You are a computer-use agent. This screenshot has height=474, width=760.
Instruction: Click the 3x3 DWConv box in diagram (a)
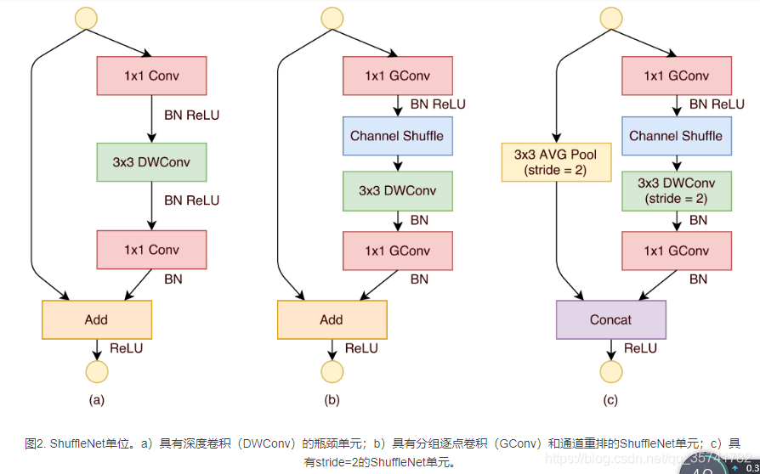click(152, 161)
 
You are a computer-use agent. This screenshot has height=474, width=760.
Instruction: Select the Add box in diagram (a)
click(97, 319)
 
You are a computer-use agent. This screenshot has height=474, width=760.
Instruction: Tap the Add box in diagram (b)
click(332, 319)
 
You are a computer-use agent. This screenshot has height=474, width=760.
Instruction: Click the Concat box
click(610, 319)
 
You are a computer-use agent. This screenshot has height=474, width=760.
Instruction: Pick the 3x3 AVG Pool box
click(556, 161)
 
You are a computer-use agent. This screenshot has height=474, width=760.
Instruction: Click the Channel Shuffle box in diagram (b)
click(397, 136)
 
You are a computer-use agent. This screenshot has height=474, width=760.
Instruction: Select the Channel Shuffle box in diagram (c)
click(676, 136)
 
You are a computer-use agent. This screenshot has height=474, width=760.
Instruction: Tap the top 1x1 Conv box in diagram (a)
click(152, 76)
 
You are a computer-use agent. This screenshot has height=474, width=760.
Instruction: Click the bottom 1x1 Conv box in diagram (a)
click(152, 250)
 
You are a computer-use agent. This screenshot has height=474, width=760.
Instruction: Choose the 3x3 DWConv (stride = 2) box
click(676, 190)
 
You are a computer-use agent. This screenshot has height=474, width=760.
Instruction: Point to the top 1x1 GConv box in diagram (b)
click(397, 76)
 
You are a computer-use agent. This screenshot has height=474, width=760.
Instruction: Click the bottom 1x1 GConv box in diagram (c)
click(676, 251)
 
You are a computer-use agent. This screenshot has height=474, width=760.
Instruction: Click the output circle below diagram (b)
click(332, 371)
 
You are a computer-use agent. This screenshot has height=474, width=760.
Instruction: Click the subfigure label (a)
click(97, 399)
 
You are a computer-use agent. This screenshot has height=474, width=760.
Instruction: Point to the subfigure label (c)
click(610, 399)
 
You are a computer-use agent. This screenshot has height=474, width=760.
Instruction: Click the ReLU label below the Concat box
click(640, 348)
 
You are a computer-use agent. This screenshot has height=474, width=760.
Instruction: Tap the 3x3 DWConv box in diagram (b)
click(397, 190)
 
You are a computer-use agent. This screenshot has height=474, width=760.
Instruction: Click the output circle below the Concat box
click(611, 371)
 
